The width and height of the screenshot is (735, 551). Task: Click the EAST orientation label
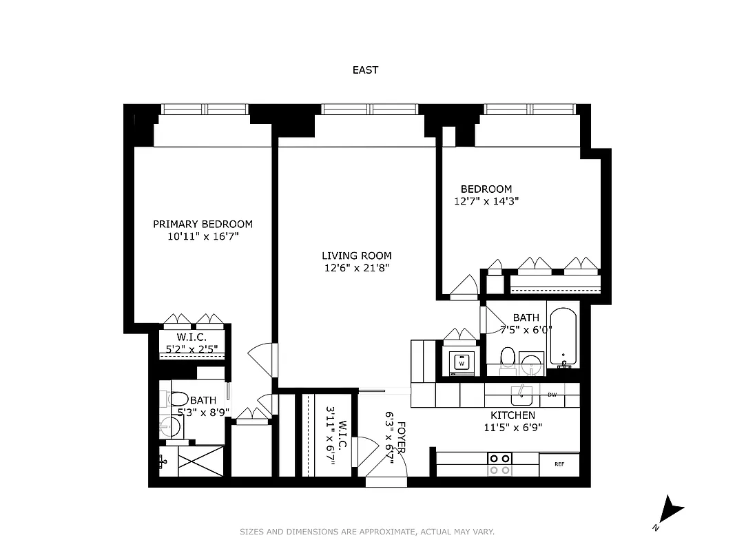[365, 70]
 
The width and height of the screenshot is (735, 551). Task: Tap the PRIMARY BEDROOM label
[203, 224]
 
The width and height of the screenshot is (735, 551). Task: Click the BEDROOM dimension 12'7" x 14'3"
[486, 201]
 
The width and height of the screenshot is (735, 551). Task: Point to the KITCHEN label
[513, 415]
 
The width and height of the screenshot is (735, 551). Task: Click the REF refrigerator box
[559, 464]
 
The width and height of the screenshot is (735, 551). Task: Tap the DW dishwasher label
[552, 395]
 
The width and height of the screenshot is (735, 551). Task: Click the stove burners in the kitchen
[499, 464]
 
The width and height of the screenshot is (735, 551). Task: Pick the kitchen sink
[521, 395]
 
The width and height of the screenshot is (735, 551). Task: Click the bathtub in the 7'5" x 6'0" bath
[563, 337]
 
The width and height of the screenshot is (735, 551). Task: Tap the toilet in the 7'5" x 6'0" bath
[508, 357]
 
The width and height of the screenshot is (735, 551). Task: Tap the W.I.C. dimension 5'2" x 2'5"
[191, 349]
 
